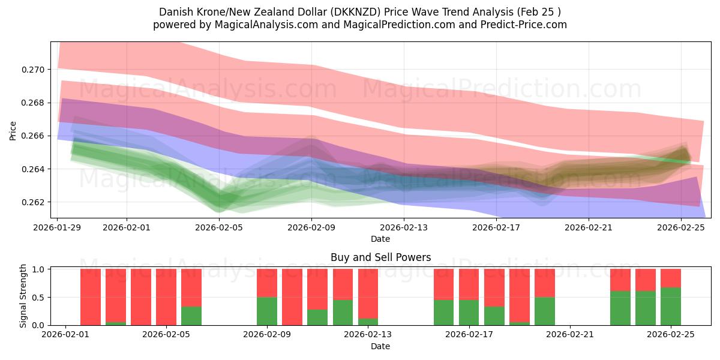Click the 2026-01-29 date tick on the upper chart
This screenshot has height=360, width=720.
pyautogui.click(x=58, y=227)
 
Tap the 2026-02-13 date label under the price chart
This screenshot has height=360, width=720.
pyautogui.click(x=404, y=227)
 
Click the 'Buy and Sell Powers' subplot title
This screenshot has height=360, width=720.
pyautogui.click(x=380, y=258)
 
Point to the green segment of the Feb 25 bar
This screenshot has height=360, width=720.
pyautogui.click(x=671, y=306)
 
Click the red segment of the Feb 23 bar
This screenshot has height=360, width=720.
pyautogui.click(x=620, y=280)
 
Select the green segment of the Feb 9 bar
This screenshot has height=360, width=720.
pyautogui.click(x=267, y=311)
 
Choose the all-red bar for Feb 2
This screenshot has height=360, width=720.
pyautogui.click(x=91, y=297)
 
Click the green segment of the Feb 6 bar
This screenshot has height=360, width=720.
pyautogui.click(x=191, y=316)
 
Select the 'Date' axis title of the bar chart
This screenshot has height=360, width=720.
pyautogui.click(x=380, y=346)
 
